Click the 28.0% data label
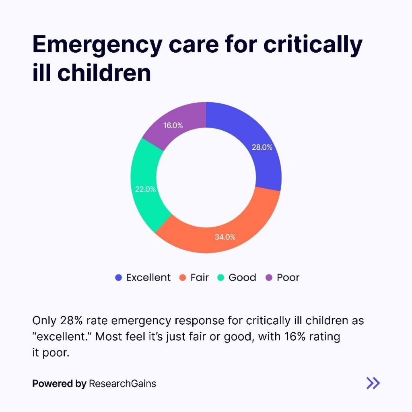click(262, 147)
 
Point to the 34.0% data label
click(225, 237)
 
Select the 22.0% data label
click(145, 189)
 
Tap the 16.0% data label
click(173, 126)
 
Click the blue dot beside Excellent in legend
click(118, 278)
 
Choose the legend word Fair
click(200, 278)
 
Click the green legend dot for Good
click(220, 278)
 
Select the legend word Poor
click(288, 278)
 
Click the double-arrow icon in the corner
click(373, 383)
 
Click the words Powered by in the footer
click(59, 384)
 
